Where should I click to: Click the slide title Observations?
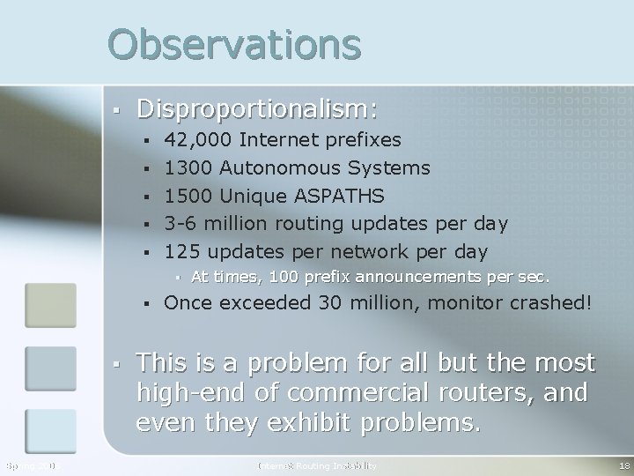coord(234,44)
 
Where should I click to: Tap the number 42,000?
coord(199,139)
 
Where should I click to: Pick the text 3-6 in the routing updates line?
coord(180,222)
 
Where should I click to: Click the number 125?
coord(182,250)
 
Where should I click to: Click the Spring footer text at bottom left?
coord(28,465)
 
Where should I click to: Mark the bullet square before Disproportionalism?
coord(116,110)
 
